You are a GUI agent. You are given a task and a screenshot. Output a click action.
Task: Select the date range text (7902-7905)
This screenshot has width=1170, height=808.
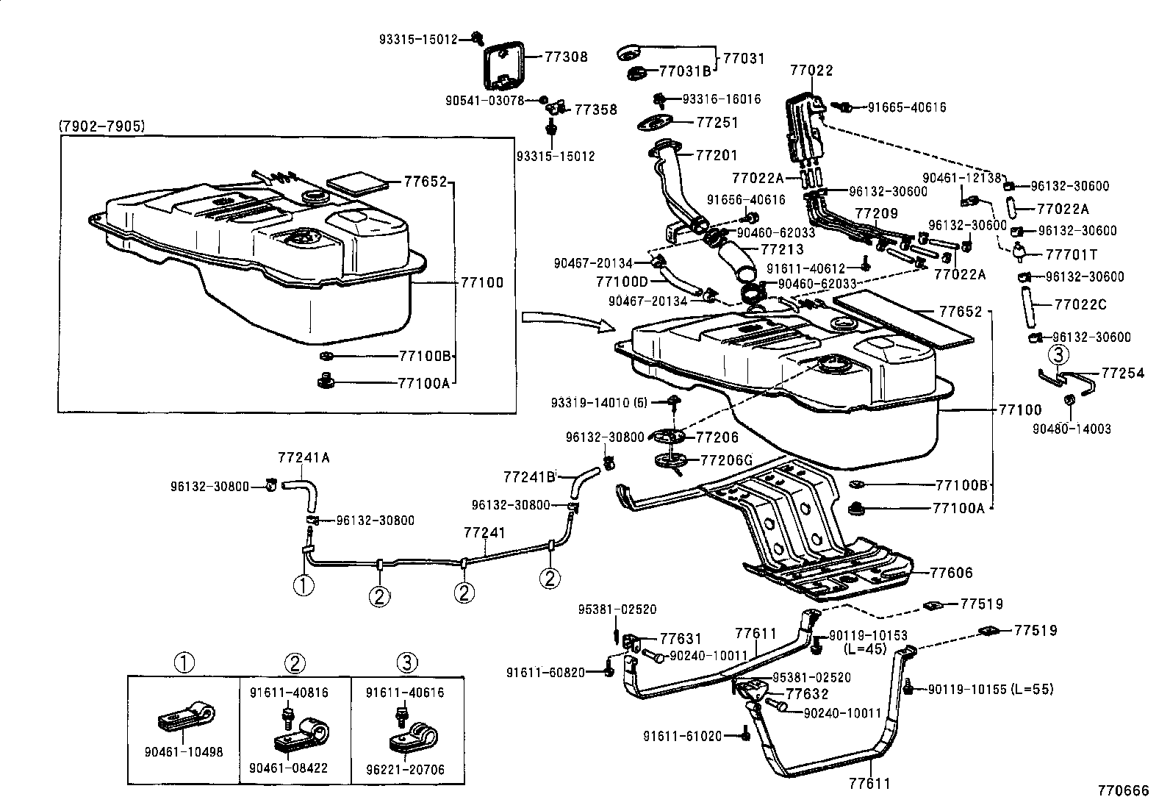click(101, 126)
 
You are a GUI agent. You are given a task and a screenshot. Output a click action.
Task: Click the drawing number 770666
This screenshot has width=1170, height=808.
click(1122, 790)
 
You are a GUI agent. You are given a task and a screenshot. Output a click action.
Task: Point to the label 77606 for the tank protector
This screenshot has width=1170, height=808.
click(951, 573)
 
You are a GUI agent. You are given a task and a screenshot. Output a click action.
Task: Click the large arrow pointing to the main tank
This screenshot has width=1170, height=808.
click(566, 321)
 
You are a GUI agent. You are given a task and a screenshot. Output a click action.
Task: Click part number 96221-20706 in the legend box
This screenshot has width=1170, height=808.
click(406, 769)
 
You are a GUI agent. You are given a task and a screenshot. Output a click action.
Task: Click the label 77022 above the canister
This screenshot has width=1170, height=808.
click(811, 71)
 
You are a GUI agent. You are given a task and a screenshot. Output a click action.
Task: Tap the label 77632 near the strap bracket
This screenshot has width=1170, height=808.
click(807, 693)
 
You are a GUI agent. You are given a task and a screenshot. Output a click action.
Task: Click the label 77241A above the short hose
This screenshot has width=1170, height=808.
click(304, 457)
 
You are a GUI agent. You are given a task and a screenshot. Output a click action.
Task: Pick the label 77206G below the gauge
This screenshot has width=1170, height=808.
click(726, 460)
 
